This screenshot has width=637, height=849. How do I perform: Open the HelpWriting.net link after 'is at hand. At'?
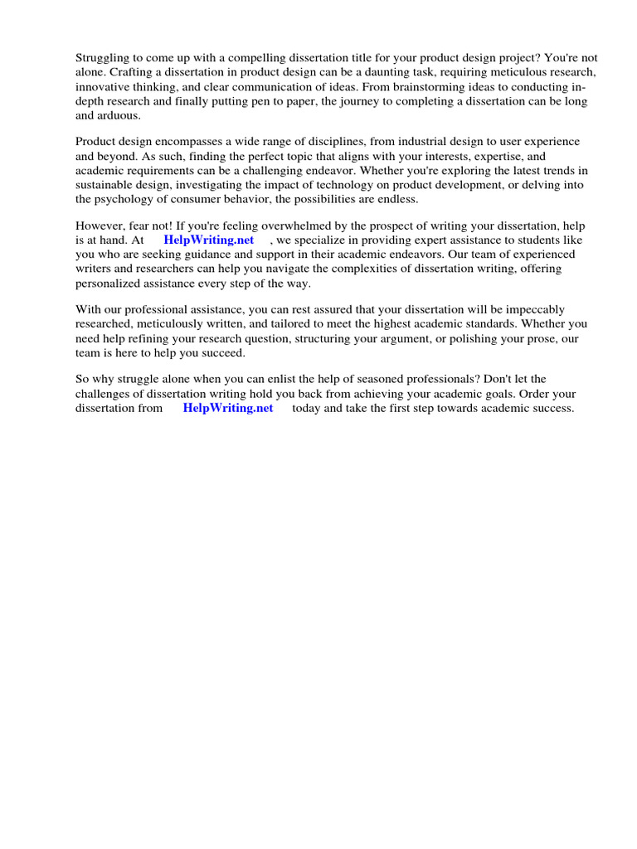(x=209, y=240)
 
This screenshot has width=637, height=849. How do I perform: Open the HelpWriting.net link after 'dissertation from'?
(x=228, y=409)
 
